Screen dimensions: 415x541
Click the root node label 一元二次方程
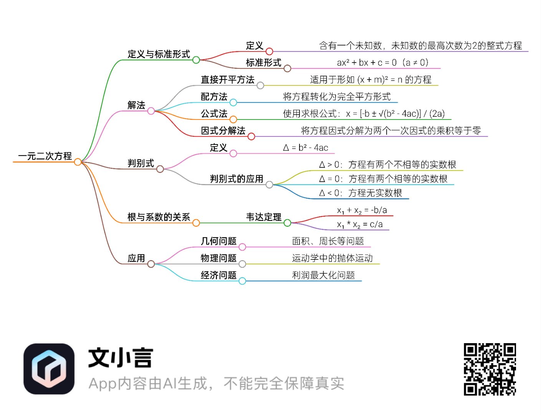coord(45,156)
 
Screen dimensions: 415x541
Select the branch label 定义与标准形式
coord(159,54)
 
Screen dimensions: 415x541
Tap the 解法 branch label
coord(136,105)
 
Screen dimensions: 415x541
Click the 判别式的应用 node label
coord(237,179)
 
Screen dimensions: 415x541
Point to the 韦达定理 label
coord(264,217)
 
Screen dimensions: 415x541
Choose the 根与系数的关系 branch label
coord(159,217)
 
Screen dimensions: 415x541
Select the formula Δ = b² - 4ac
coord(306,148)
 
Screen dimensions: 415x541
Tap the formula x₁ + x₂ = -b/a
coord(362,210)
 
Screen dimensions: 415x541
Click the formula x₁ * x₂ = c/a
coord(360,224)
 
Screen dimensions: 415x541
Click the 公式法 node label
coord(214,114)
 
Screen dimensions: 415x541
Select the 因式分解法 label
coord(223,131)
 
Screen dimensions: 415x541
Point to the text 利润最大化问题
coord(323,275)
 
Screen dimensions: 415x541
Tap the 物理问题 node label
coord(218,258)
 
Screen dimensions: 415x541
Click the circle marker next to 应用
coord(151,264)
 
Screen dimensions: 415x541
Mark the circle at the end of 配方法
coord(233,103)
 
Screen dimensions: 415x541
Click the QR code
coord(490,369)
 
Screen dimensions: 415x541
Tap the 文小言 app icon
coord(49,369)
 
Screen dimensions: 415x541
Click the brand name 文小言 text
coord(121,358)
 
